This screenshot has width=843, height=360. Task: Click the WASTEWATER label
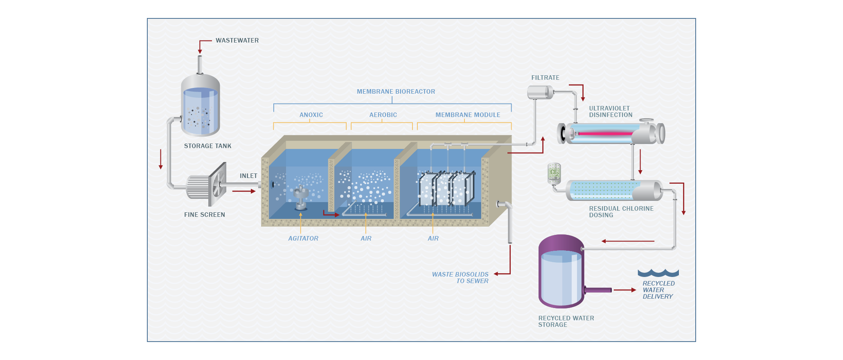pos(237,40)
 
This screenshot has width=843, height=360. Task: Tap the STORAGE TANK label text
pos(207,146)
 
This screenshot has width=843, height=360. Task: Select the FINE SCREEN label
pos(204,215)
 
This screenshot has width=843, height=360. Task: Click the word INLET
pos(248,176)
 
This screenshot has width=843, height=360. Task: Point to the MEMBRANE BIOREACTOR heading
pos(396,92)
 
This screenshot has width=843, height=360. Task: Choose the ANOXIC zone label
pos(311,115)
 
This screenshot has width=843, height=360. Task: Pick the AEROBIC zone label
pos(383,115)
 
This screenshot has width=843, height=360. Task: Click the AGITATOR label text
pos(303,239)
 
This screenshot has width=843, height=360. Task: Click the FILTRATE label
pos(545,78)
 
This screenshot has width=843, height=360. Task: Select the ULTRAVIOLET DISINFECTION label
pos(611,112)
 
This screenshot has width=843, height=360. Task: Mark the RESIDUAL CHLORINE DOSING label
pos(621,212)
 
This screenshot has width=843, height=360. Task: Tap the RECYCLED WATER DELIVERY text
pos(658,290)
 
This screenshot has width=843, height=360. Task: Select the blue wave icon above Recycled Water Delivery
pos(658,273)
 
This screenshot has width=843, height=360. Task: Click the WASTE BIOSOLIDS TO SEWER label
pos(460,278)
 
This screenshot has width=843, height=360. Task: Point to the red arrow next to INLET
pos(244,191)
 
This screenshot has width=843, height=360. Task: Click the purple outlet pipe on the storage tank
pos(598,290)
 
